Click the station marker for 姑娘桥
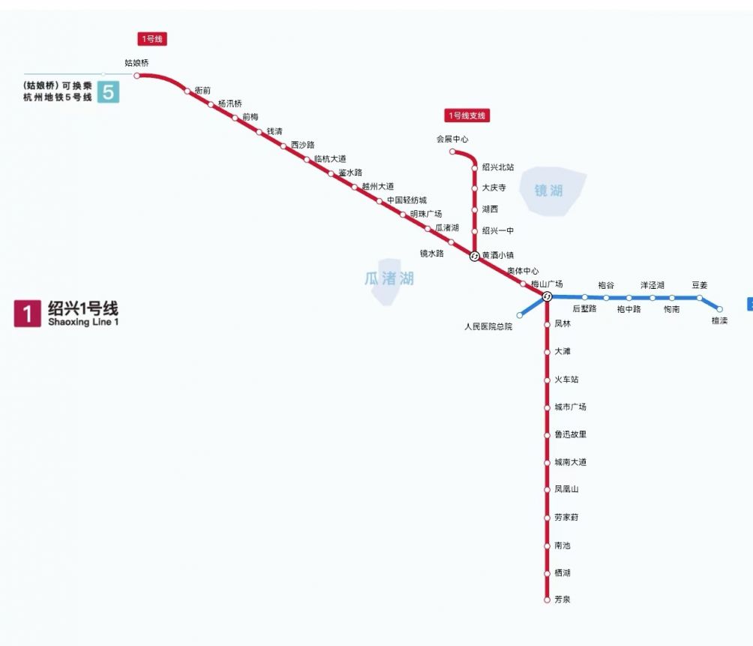pos(136,76)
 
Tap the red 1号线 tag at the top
pos(152,39)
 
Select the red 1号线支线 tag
pos(466,116)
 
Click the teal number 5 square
pos(109,92)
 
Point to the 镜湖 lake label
pos(548,191)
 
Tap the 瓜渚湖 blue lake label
pos(389,278)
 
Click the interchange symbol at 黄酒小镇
pos(475,257)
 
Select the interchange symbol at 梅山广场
pos(547,297)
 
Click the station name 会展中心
pos(452,140)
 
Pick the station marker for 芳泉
pos(547,600)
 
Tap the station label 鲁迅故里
pos(571,434)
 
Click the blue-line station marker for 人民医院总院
pos(520,316)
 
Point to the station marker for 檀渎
pos(719,309)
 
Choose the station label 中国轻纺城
pos(406,200)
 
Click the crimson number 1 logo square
pos(27,314)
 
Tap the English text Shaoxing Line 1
pos(83,322)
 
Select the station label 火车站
pos(567,380)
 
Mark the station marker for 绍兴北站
pos(475,168)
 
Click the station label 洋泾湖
pos(652,285)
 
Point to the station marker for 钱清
pos(259,132)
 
